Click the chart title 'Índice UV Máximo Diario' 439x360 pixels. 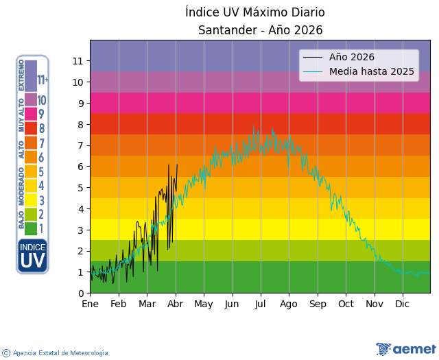255,12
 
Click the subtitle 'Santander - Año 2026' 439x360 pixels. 260,30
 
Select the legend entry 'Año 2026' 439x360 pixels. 352,57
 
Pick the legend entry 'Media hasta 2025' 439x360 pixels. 372,71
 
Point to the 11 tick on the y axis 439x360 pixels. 78,61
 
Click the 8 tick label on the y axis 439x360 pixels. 80,125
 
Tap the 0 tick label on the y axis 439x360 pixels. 80,293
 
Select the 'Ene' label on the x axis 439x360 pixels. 90,304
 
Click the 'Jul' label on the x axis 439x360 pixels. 260,304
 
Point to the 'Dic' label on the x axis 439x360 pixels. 403,304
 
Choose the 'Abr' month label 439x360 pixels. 176,304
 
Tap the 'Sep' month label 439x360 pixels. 318,304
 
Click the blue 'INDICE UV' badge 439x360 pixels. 32,256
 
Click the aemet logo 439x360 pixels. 406,349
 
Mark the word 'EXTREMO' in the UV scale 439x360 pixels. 21,75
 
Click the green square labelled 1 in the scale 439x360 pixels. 31,229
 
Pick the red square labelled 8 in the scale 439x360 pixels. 31,128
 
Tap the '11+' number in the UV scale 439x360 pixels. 43,80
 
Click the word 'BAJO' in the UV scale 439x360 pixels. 21,220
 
